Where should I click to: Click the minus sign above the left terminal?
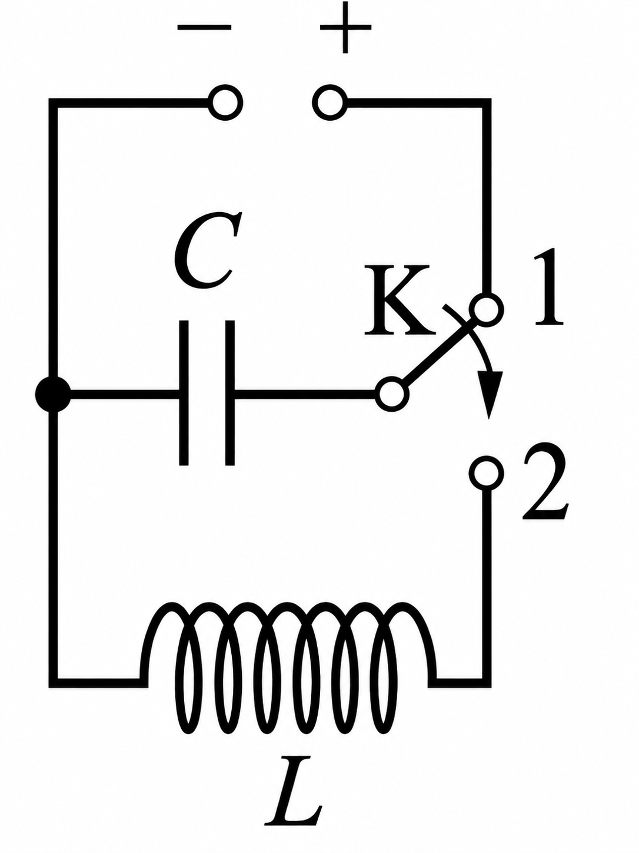[204, 28]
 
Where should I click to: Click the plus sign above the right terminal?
[346, 28]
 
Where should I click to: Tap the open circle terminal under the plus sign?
[330, 103]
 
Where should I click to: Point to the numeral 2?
[545, 481]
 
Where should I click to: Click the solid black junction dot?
[53, 394]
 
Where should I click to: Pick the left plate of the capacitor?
[184, 393]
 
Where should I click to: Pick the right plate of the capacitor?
[230, 393]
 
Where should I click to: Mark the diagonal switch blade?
[439, 351]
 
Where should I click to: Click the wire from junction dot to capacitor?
[125, 394]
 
